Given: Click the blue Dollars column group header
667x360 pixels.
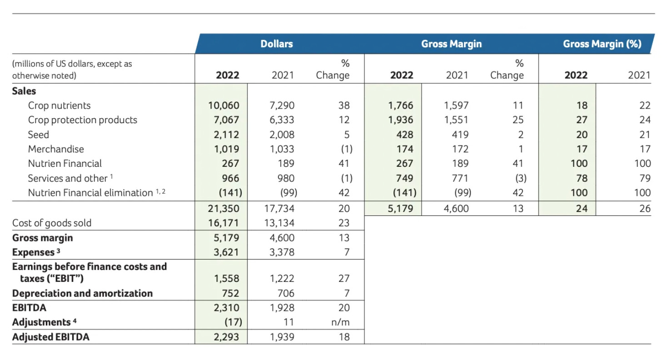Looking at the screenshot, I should (276, 44).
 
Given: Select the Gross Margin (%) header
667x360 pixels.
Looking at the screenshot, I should (602, 44).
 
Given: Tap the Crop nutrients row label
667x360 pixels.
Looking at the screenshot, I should (59, 105).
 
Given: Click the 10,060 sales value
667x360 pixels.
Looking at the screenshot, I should (224, 105).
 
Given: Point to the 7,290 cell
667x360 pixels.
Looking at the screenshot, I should (282, 105).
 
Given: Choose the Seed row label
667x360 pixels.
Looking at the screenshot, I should (38, 135).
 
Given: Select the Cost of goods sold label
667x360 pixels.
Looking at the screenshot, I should (52, 223).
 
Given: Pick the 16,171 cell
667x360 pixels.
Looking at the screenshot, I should (224, 223).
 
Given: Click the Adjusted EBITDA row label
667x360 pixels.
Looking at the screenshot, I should (51, 337).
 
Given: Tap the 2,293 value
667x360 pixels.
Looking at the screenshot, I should (226, 337).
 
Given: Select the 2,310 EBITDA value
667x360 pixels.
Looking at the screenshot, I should (226, 308).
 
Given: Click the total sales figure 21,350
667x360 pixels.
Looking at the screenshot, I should (224, 209).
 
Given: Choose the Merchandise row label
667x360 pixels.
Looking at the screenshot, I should (56, 149).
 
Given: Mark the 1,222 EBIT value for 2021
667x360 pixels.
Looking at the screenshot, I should (282, 279).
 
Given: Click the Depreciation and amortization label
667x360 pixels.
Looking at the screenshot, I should (82, 293).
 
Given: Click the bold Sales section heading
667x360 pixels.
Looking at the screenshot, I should (24, 90).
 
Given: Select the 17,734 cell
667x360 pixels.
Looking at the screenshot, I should (279, 209).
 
